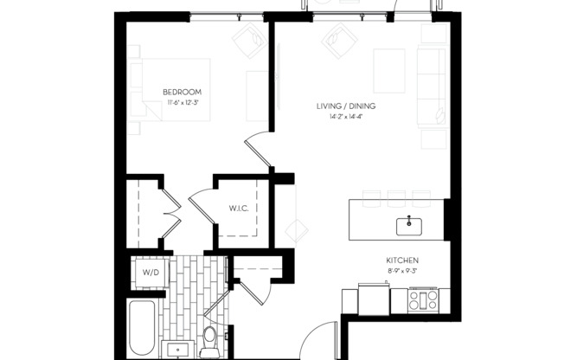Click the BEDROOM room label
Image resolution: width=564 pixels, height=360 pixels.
(x=182, y=92)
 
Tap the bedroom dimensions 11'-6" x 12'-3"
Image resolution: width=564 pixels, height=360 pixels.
(x=182, y=103)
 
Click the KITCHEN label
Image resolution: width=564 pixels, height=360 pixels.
(x=403, y=260)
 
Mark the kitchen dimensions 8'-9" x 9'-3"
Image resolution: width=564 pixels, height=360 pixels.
(x=403, y=272)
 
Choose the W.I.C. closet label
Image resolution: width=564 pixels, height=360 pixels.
(x=240, y=209)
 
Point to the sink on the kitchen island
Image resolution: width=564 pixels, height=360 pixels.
(x=409, y=226)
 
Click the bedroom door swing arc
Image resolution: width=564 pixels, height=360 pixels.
(x=258, y=150)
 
